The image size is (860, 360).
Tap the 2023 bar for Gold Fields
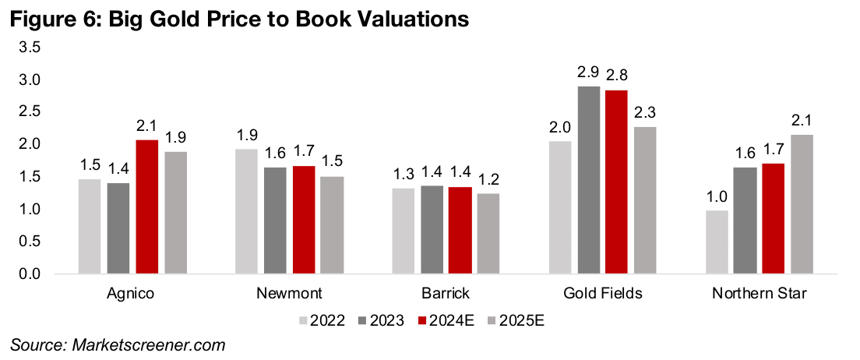click(589, 180)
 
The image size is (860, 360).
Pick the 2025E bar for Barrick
click(488, 233)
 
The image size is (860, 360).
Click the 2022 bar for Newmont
click(247, 211)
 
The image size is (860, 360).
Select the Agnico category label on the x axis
click(130, 295)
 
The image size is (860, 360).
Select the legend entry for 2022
click(319, 319)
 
